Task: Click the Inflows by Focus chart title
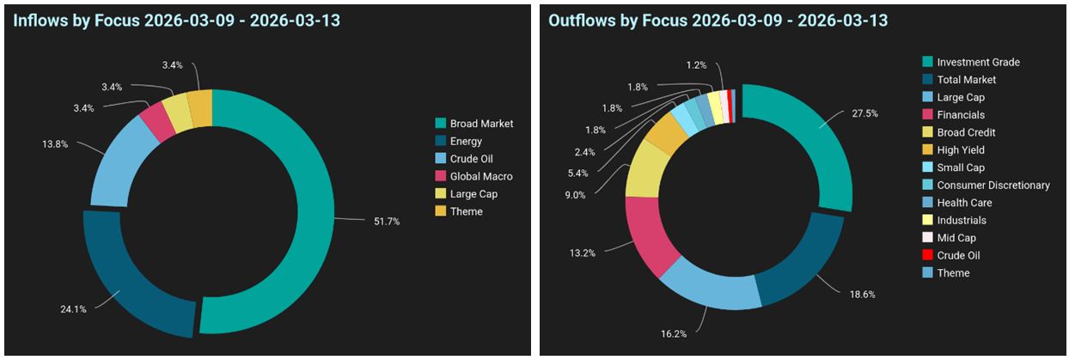(x=176, y=20)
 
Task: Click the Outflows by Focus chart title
(x=718, y=20)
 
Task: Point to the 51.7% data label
(x=387, y=222)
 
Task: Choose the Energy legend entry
(x=466, y=141)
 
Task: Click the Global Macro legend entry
(x=480, y=176)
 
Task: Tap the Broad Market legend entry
(x=481, y=124)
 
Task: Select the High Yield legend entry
(x=961, y=149)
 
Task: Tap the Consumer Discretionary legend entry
(x=993, y=185)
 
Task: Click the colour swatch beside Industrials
(x=926, y=220)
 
